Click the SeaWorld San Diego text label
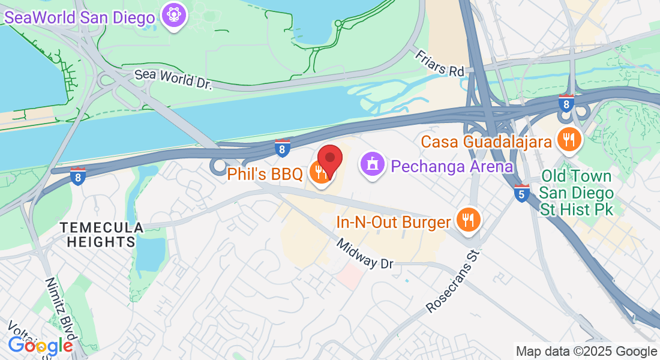79,17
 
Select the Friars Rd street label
440,63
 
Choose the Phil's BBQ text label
265,175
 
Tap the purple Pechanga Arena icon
372,163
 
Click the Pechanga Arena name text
452,166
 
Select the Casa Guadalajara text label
486,142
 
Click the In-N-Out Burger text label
393,223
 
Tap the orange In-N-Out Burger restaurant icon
467,220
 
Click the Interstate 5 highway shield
521,193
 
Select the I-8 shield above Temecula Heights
77,176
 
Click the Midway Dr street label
364,254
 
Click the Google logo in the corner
40,346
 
